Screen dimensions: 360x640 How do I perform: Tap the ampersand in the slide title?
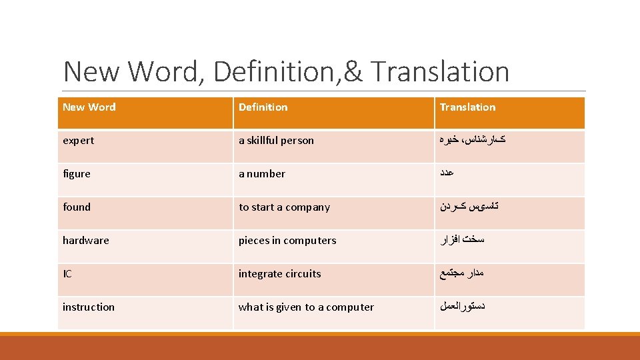[353, 72]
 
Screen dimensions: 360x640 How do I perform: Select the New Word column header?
[89, 107]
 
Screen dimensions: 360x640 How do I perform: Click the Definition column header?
[263, 107]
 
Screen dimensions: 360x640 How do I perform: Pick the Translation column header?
[467, 107]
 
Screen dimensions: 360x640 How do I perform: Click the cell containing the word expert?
[78, 140]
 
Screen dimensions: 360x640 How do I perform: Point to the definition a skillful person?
[276, 140]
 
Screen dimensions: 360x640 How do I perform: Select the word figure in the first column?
[76, 173]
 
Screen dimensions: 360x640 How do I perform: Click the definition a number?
[262, 173]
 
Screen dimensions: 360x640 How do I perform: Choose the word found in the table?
[76, 207]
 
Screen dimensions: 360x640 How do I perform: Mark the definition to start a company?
[284, 207]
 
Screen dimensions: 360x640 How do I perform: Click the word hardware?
[85, 240]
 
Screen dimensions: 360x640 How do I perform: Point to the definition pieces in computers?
[287, 240]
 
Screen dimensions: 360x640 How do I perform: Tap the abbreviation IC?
[67, 273]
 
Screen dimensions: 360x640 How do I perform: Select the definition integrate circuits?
[279, 273]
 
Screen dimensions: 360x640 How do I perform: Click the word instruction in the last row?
[88, 307]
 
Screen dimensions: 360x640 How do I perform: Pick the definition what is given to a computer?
[306, 307]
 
